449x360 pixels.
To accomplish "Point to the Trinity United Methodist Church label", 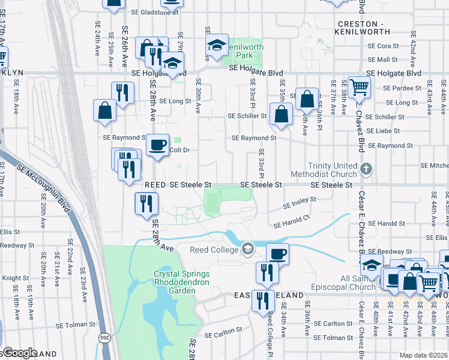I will pyautogui.click(x=332, y=170).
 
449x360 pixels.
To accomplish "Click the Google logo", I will pyautogui.click(x=19, y=353).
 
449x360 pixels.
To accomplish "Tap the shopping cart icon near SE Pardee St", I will pyautogui.click(x=359, y=86).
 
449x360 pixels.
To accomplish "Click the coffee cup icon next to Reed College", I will pyautogui.click(x=277, y=253).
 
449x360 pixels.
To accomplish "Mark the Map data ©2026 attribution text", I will pyautogui.click(x=423, y=355).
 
